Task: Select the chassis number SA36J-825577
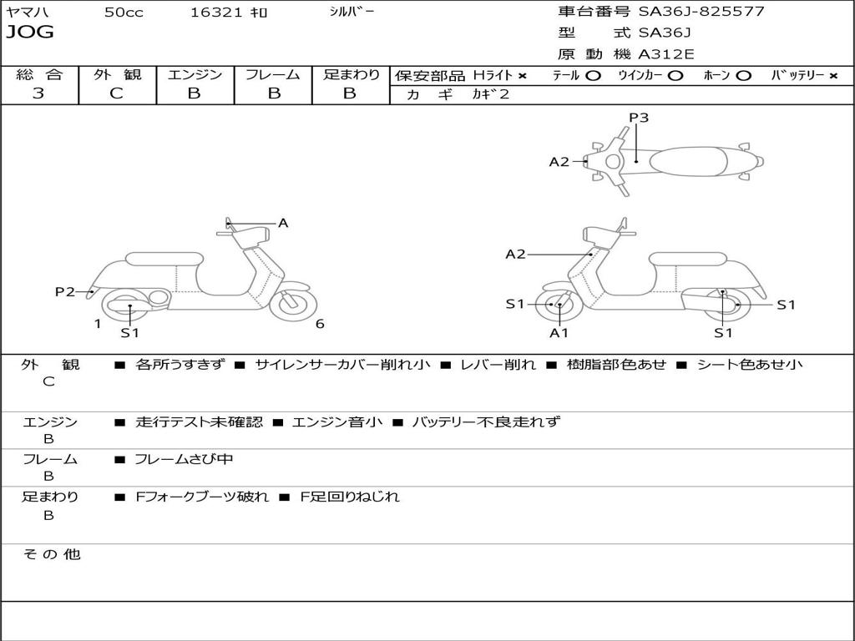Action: (701, 12)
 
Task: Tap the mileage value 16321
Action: (215, 13)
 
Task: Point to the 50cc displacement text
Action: (124, 13)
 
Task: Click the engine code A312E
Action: (665, 55)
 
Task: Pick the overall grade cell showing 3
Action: (38, 93)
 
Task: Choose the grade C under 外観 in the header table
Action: (117, 93)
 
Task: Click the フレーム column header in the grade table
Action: (273, 74)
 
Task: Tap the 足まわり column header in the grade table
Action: (351, 74)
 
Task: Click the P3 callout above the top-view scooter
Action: (639, 118)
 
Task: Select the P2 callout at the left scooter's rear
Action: (65, 291)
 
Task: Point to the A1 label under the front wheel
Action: (559, 333)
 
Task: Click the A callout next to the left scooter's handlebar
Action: (283, 223)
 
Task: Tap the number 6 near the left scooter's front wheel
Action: (320, 324)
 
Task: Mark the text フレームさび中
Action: (184, 459)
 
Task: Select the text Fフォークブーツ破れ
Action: (202, 497)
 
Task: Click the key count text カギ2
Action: (490, 94)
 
